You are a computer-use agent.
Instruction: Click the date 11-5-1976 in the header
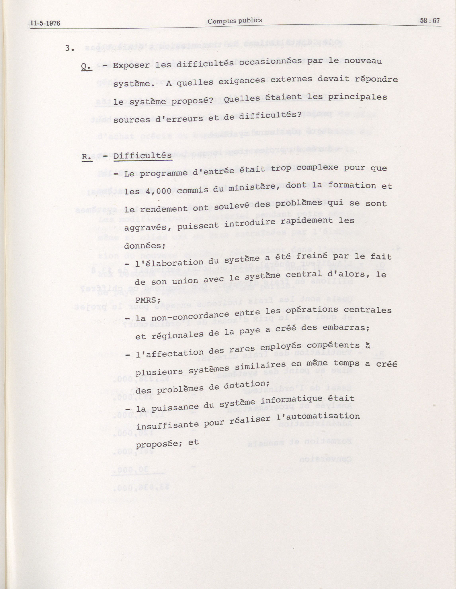tap(45, 23)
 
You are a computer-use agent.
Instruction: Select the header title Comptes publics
tap(235, 21)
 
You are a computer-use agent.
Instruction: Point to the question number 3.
tap(69, 48)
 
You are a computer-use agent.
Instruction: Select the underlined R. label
tap(87, 157)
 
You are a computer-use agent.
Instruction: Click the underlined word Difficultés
tap(143, 156)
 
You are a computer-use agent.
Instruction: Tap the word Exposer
tap(131, 65)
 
